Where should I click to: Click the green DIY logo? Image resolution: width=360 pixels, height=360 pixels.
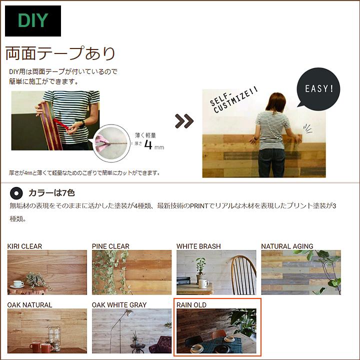[33, 21]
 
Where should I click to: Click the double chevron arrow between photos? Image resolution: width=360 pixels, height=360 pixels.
[184, 120]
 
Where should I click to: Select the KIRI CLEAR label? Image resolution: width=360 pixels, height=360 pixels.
[24, 246]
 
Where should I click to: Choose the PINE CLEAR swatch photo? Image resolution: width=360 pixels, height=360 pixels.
[131, 272]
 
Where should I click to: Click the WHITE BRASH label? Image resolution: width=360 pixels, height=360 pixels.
[198, 246]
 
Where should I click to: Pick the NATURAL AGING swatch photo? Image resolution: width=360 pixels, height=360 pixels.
[300, 272]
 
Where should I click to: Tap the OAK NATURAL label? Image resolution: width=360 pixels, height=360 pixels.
[29, 304]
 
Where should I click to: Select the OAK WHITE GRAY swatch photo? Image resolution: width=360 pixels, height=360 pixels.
[131, 331]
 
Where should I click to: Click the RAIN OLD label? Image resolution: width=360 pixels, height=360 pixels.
[191, 304]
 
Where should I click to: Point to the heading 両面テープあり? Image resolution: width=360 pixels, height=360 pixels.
[60, 53]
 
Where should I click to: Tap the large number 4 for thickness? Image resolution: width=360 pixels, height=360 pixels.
[149, 145]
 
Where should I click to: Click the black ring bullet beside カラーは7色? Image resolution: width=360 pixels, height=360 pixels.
[16, 192]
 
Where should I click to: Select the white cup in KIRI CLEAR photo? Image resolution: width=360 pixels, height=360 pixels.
[18, 284]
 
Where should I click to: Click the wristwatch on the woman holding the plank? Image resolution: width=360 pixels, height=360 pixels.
[82, 123]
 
